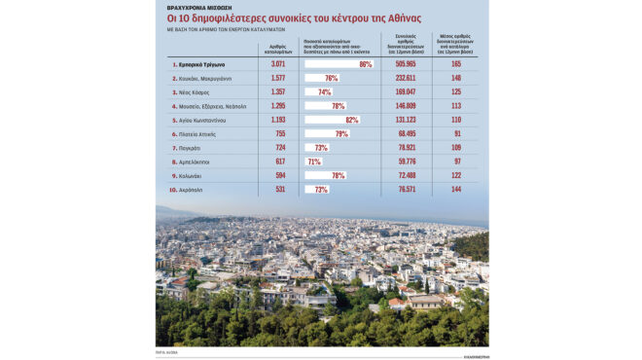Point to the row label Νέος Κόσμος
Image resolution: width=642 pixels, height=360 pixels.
(x=192, y=91)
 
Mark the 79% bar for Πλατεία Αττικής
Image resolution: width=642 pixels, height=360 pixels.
(x=327, y=133)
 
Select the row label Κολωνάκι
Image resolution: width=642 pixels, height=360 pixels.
(x=190, y=176)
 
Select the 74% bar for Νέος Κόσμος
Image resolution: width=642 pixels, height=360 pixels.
(x=319, y=91)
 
